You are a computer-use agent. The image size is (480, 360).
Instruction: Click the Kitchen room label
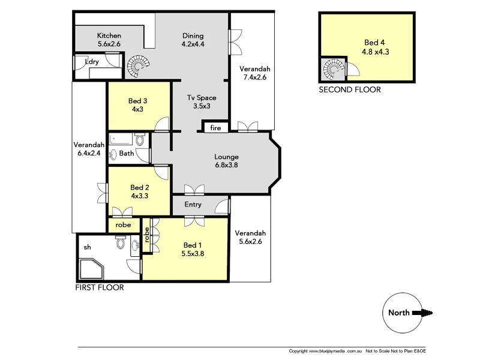[109, 40]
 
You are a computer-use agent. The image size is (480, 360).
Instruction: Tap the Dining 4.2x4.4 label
[193, 40]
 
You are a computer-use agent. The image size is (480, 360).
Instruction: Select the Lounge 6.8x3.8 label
[226, 161]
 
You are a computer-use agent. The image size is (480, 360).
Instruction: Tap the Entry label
[193, 205]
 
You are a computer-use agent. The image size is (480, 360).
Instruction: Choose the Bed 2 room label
[139, 191]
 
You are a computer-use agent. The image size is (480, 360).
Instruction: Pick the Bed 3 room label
[138, 105]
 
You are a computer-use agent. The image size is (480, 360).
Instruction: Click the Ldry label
[92, 62]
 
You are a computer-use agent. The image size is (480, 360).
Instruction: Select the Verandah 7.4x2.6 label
[254, 73]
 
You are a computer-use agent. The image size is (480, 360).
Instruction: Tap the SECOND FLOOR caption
[349, 90]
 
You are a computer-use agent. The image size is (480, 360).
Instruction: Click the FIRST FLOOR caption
[99, 288]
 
